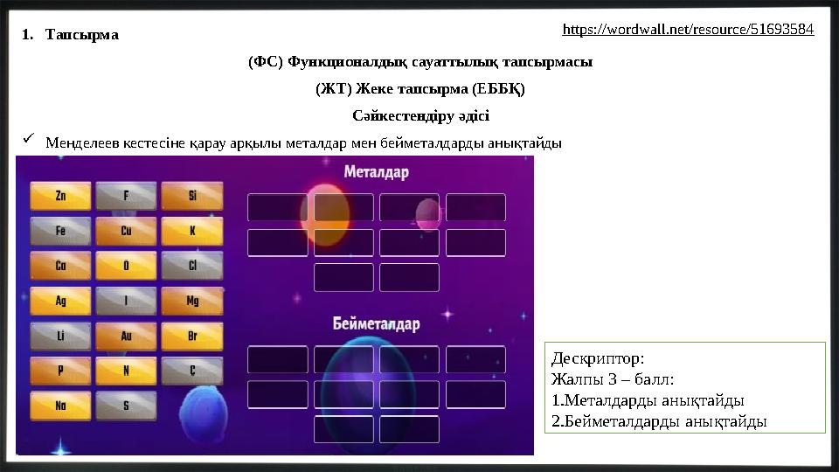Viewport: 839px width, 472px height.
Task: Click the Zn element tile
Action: pos(60,196)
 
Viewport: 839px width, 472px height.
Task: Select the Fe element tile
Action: pos(60,231)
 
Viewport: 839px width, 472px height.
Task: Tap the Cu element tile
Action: pos(126,231)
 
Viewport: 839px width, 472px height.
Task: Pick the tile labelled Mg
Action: pos(192,301)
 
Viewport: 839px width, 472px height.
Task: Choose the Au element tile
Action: pos(126,336)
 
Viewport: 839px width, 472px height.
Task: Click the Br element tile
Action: pos(192,336)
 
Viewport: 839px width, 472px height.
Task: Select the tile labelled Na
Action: pos(60,406)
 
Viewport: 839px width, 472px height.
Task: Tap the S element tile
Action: pos(126,406)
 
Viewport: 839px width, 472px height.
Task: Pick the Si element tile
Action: pos(192,196)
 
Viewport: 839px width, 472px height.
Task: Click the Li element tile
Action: pos(60,336)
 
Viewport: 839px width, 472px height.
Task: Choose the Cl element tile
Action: pos(192,266)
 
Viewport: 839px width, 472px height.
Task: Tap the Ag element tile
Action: pos(60,301)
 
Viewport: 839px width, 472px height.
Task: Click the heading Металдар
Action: pos(376,172)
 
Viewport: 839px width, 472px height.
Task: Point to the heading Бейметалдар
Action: pos(376,324)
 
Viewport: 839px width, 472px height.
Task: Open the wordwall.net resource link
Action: pos(688,30)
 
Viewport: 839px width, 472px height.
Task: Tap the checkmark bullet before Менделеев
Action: pos(29,141)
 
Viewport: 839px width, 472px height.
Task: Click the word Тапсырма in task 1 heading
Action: pos(84,36)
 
